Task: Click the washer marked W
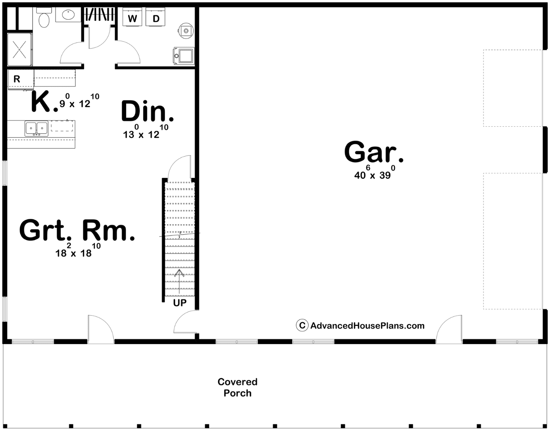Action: coord(132,17)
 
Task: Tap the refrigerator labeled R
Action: coord(21,79)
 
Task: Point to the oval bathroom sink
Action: coord(68,15)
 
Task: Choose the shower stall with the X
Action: coord(20,49)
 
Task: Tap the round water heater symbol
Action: coord(186,31)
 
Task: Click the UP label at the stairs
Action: coord(180,303)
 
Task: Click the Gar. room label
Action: coord(374,152)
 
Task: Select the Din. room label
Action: coord(147,111)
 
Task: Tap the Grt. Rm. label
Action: coord(77,230)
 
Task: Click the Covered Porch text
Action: coord(238,387)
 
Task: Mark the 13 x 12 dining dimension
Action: coord(145,131)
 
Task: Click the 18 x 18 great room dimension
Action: coord(78,250)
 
